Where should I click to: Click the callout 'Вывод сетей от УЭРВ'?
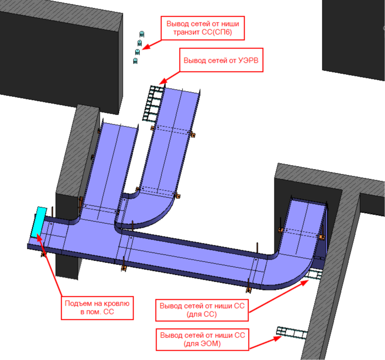(221, 60)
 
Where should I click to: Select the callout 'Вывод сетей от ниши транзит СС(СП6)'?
(203, 28)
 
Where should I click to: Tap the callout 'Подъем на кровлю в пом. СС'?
(97, 308)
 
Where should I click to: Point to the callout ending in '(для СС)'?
(202, 310)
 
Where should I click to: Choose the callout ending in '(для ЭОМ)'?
(203, 339)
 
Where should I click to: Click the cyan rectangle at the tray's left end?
(39, 222)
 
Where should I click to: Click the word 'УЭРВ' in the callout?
(248, 60)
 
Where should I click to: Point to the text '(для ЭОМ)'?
(202, 343)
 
